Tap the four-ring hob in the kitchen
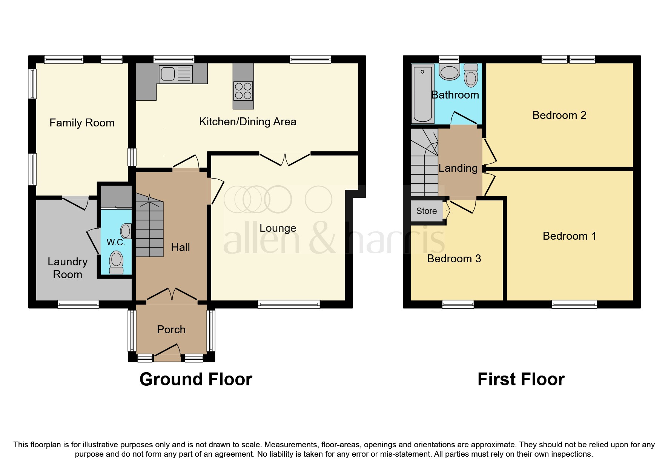click(243, 91)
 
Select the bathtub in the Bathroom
click(422, 94)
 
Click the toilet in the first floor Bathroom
click(471, 75)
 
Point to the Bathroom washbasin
click(449, 72)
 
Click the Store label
click(426, 211)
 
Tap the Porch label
click(171, 329)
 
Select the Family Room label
click(82, 123)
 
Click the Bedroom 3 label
click(454, 259)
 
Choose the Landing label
click(458, 168)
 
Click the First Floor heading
click(521, 379)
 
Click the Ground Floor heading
click(196, 379)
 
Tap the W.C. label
click(116, 242)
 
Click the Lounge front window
click(289, 304)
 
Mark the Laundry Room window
click(78, 304)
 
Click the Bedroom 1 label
click(569, 236)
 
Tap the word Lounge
click(278, 228)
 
